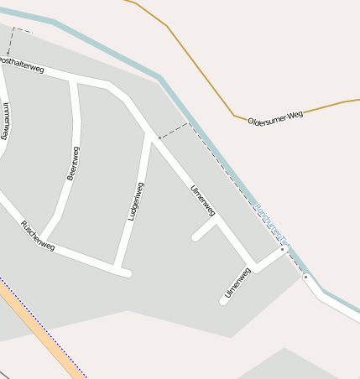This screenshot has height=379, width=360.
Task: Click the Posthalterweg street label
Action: click(x=21, y=65)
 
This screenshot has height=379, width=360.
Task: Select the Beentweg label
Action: click(x=73, y=164)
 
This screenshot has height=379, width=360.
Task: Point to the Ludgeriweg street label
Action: click(x=135, y=201)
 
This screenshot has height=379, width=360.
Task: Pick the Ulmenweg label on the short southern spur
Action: click(x=238, y=282)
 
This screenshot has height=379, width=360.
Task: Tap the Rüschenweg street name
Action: click(x=38, y=236)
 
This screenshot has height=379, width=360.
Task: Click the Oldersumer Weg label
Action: click(x=275, y=118)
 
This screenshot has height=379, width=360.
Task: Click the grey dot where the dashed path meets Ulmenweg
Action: click(x=159, y=138)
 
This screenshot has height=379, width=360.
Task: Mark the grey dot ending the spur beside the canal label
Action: click(x=283, y=249)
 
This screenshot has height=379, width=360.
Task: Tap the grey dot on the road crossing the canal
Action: click(x=305, y=276)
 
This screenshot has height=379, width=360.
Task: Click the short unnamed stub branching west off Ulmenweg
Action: click(x=205, y=231)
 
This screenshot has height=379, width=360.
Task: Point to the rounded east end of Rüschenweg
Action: click(x=127, y=273)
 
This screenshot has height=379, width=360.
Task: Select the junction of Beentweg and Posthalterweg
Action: click(x=73, y=81)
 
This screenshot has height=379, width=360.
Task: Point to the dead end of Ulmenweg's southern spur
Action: click(x=224, y=300)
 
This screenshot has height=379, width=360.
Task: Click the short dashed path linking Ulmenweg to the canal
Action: click(x=175, y=130)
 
